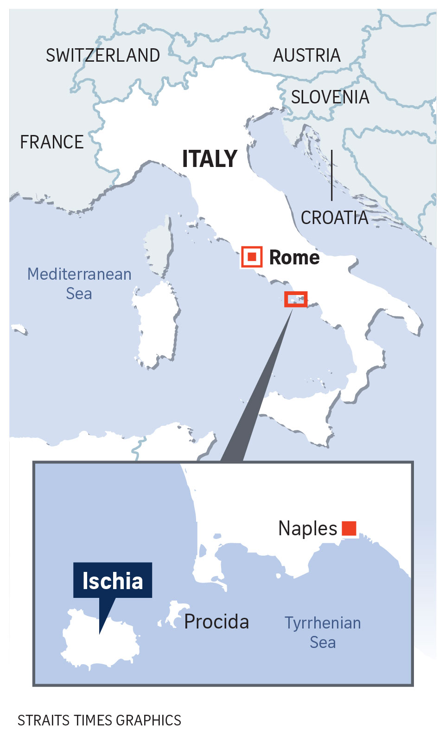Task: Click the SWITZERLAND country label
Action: [x=103, y=56]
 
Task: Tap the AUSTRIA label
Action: [x=307, y=56]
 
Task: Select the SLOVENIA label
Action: [x=330, y=97]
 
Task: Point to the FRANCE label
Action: [x=52, y=142]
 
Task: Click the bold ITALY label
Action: [x=210, y=159]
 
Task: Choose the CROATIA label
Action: [x=334, y=218]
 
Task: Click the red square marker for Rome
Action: [x=252, y=257]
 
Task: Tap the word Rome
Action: [x=294, y=257]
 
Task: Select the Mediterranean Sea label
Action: [x=79, y=283]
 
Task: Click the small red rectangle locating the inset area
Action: [x=296, y=299]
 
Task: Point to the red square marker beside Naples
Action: [x=349, y=528]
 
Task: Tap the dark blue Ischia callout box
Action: [x=113, y=580]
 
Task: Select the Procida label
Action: [x=216, y=622]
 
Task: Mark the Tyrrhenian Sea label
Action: [x=323, y=632]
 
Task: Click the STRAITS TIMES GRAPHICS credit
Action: [x=99, y=720]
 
